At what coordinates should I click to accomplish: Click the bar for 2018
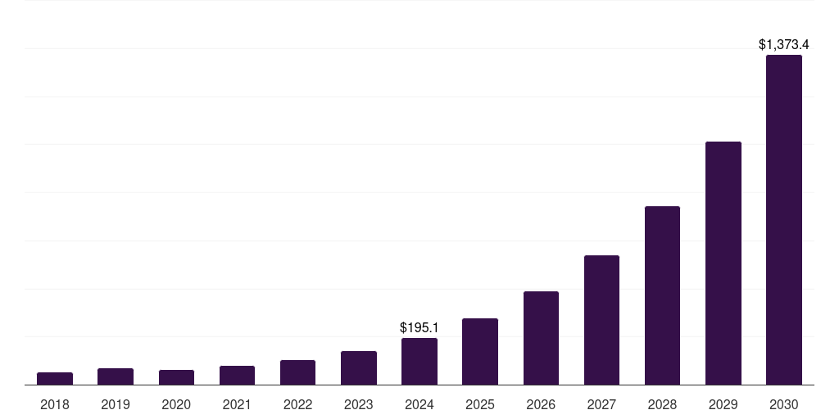coord(55,379)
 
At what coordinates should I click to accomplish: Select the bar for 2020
coord(176,377)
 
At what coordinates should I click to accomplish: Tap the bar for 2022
coord(297,372)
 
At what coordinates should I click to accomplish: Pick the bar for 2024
coord(419,362)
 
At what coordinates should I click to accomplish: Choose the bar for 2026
coord(541,338)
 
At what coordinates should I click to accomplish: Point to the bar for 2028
coord(662,295)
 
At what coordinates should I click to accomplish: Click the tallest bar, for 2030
coord(784,220)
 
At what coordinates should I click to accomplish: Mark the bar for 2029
coord(723,264)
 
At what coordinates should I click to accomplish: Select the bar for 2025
coord(480,352)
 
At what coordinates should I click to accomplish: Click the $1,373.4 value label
coord(784,45)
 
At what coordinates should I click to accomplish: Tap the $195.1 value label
coord(419,327)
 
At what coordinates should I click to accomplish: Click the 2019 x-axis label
coord(116,404)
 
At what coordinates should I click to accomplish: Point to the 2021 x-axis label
coord(237,404)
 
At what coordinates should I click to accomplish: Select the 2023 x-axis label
coord(359,404)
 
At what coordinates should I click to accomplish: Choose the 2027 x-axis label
coord(601,404)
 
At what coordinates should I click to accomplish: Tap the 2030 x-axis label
coord(784,404)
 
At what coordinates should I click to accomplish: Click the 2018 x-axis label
coord(55,404)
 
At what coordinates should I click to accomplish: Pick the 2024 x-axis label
coord(419,404)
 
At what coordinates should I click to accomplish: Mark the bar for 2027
coord(601,320)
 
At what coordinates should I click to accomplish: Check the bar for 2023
coord(359,368)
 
